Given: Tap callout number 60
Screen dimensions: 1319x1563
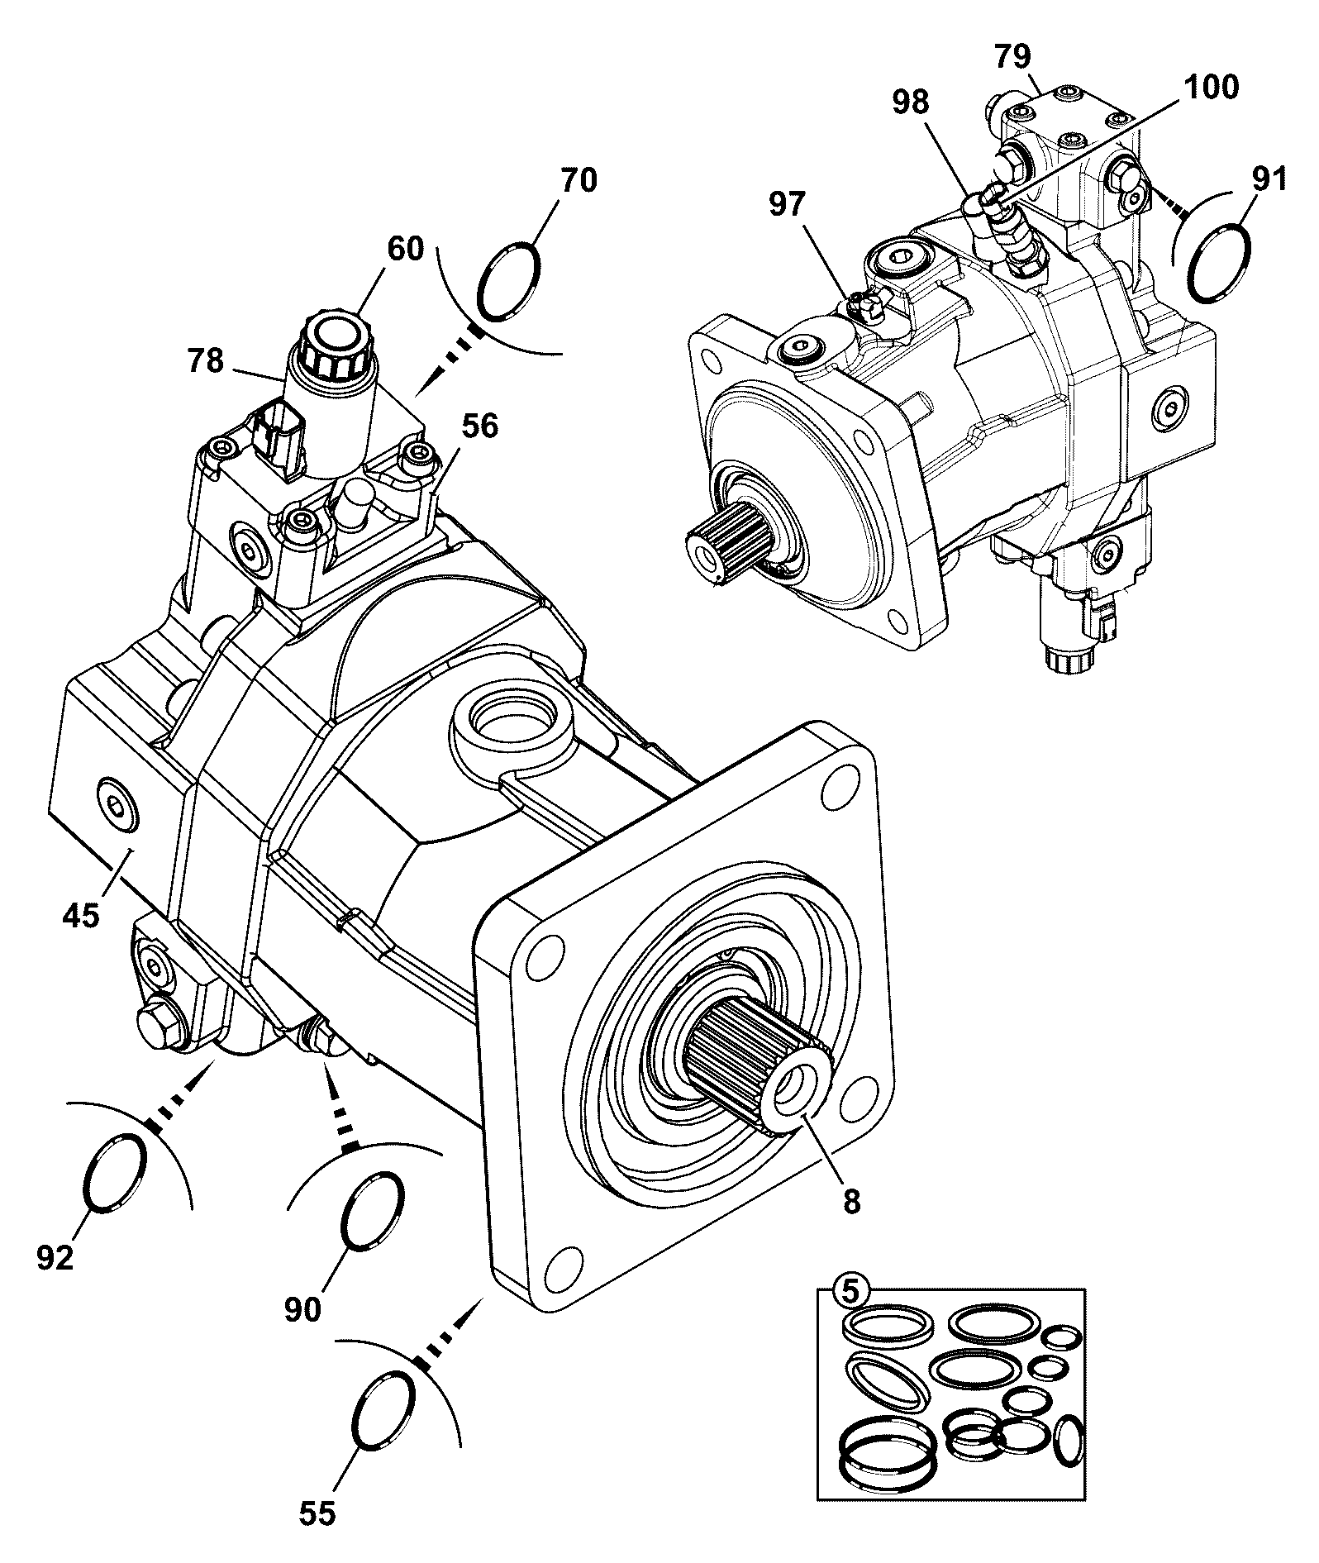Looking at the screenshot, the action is pos(405,248).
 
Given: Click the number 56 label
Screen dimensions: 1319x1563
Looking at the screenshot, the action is pos(480,426).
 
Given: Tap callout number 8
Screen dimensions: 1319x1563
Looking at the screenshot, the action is pos(852,1201).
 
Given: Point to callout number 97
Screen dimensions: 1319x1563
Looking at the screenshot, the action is pos(787,203).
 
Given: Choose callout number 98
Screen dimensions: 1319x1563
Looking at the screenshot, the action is pos(910,102).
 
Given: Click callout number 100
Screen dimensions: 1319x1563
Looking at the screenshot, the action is pos(1212,87).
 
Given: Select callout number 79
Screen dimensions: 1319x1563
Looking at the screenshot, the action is pos(1013,56).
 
